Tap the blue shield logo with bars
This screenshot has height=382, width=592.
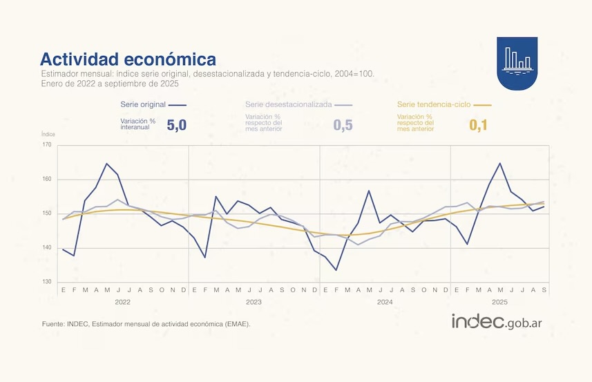pyautogui.click(x=518, y=63)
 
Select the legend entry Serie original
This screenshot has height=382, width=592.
pyautogui.click(x=144, y=105)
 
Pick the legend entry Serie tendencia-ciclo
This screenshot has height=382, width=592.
pyautogui.click(x=434, y=105)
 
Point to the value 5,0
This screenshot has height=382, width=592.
pyautogui.click(x=177, y=124)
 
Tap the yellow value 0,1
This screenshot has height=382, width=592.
pyautogui.click(x=479, y=125)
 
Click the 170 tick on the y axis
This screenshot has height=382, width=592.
pyautogui.click(x=47, y=145)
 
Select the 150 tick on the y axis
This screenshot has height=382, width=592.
pyautogui.click(x=47, y=213)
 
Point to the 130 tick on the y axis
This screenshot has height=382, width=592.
pyautogui.click(x=47, y=282)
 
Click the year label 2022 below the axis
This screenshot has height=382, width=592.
pyautogui.click(x=123, y=302)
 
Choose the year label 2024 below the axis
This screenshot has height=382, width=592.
pyautogui.click(x=385, y=302)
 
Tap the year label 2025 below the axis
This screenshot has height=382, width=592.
pyautogui.click(x=500, y=302)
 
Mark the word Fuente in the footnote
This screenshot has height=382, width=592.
pyautogui.click(x=53, y=323)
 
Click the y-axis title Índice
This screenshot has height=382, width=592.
pyautogui.click(x=48, y=134)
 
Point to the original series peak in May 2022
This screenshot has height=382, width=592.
pyautogui.click(x=107, y=164)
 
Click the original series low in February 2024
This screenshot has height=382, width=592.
pyautogui.click(x=336, y=270)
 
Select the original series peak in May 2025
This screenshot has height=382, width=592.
pyautogui.click(x=500, y=164)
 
